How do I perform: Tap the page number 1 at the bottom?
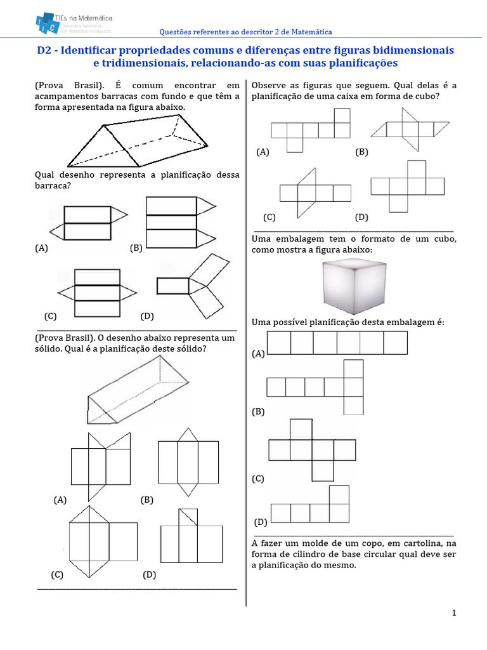tap(454, 613)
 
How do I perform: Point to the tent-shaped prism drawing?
tap(138, 144)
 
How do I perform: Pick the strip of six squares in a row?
tap(337, 343)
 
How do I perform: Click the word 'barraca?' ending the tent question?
tap(53, 186)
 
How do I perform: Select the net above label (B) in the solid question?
tap(188, 462)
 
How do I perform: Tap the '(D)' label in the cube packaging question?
tap(261, 522)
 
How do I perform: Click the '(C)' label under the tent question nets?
tap(51, 315)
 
